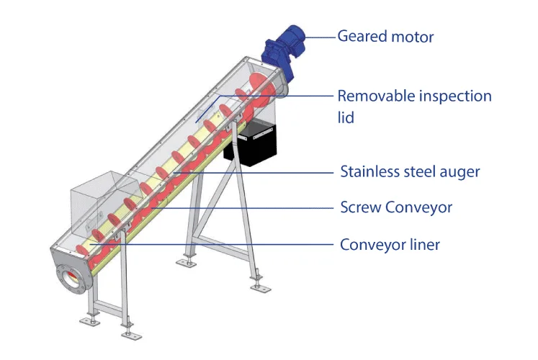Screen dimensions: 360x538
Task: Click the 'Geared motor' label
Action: pyautogui.click(x=385, y=36)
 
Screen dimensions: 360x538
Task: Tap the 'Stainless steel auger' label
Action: pyautogui.click(x=409, y=172)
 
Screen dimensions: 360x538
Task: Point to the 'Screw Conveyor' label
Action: pyautogui.click(x=395, y=208)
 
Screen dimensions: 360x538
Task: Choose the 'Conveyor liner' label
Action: pyautogui.click(x=389, y=245)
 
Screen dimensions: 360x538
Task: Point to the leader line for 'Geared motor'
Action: pyautogui.click(x=317, y=35)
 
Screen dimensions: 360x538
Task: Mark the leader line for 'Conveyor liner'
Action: pyautogui.click(x=216, y=245)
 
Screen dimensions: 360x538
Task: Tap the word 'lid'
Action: pyautogui.click(x=346, y=116)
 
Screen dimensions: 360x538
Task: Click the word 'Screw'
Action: pyautogui.click(x=360, y=208)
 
